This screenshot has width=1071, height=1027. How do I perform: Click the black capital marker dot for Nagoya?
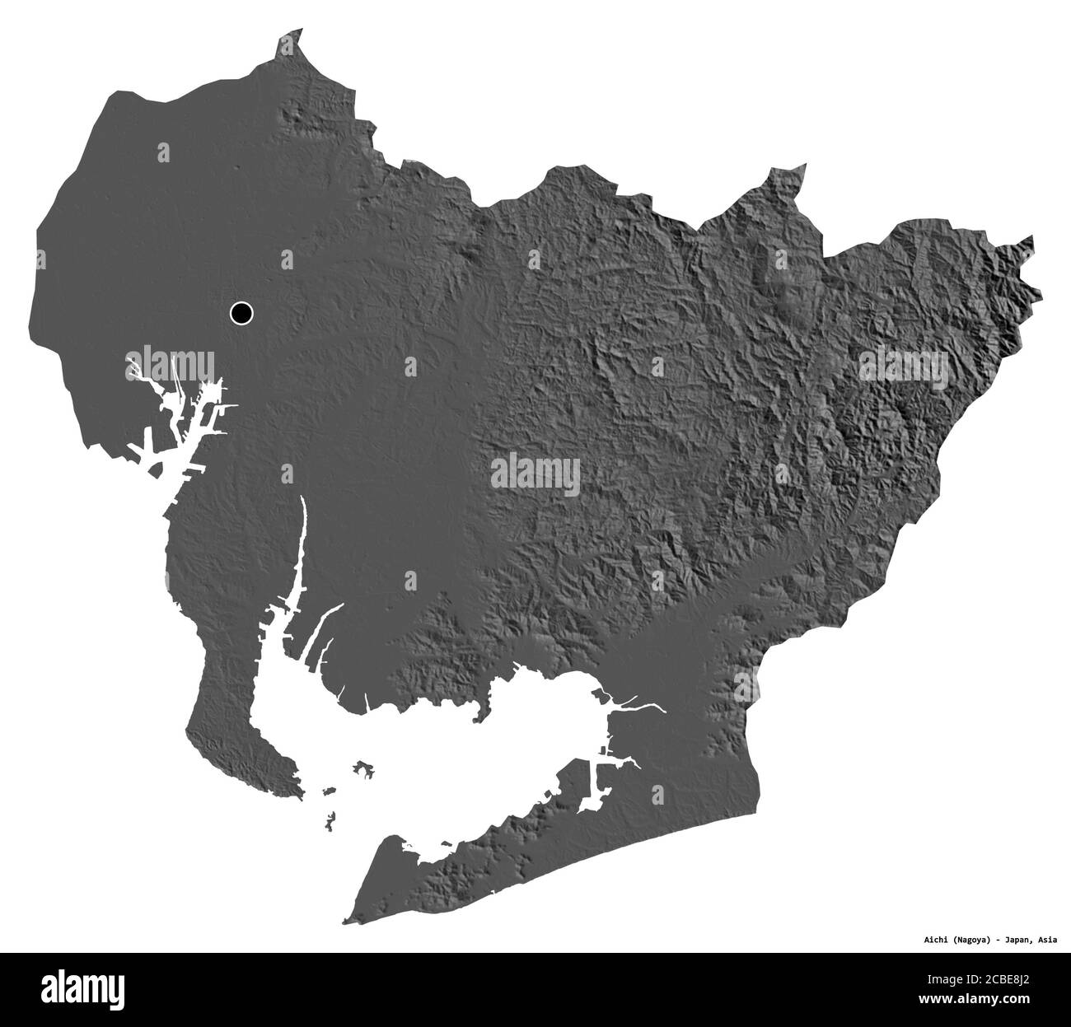(x=241, y=313)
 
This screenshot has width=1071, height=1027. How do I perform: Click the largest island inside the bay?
(x=363, y=770)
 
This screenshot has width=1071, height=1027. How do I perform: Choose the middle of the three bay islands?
(x=329, y=791)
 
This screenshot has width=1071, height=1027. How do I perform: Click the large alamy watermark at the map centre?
(x=535, y=475)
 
